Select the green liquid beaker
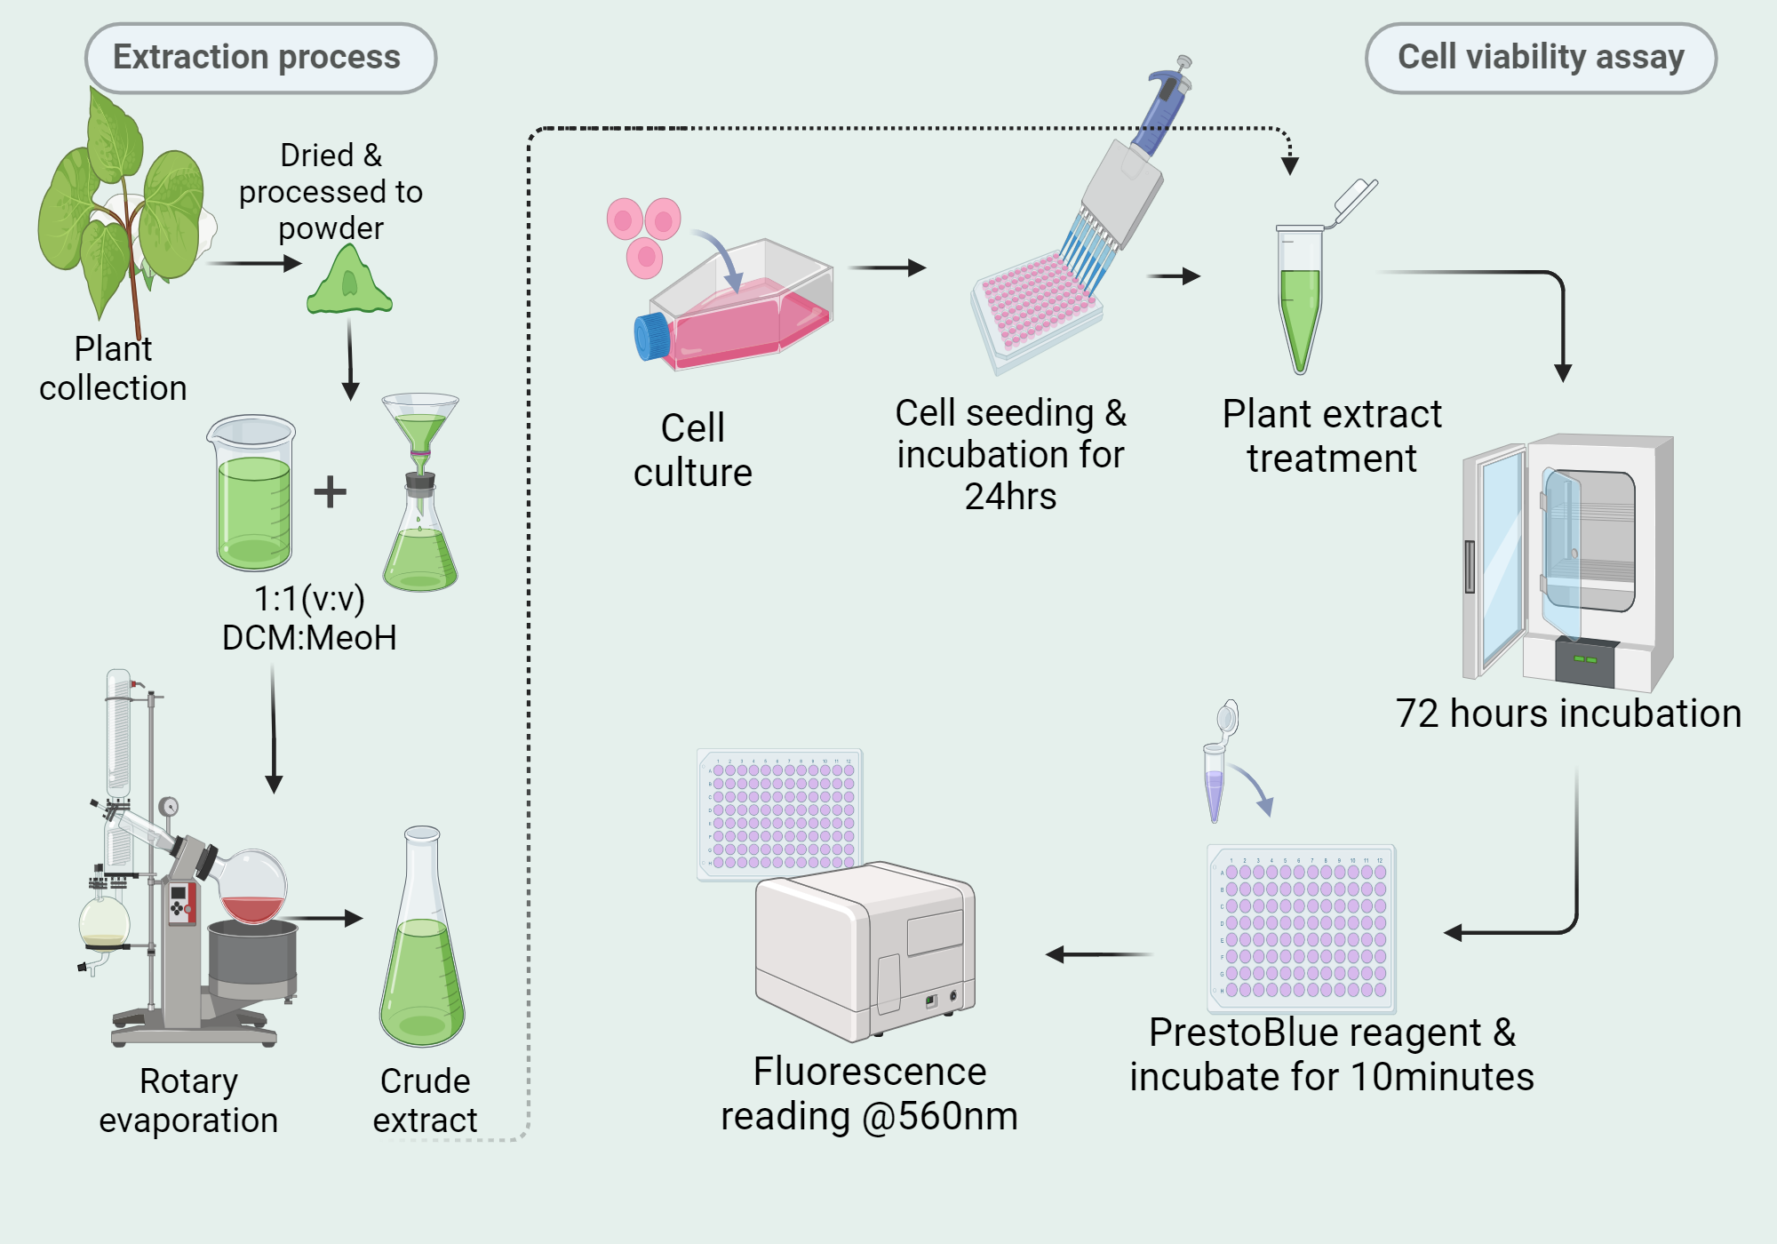[x=253, y=498]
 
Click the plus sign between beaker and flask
[x=330, y=491]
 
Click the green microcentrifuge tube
[x=1300, y=302]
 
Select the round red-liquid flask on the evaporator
[x=252, y=889]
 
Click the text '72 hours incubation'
[x=1568, y=714]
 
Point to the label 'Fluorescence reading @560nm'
[x=869, y=1094]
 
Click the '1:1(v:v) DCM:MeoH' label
[x=309, y=618]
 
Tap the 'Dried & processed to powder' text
[x=331, y=191]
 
